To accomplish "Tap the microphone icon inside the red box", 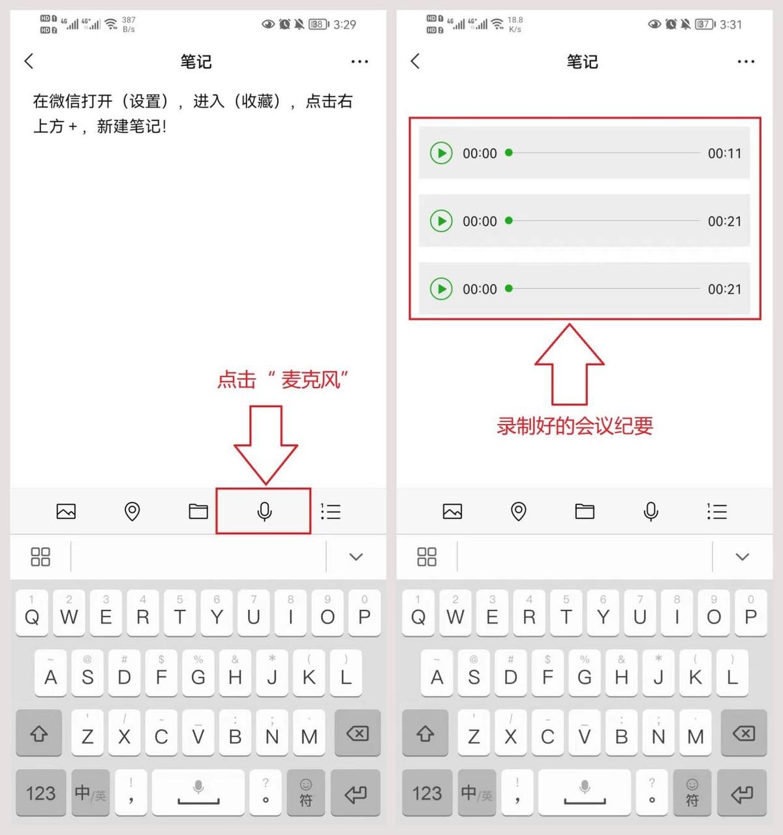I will pyautogui.click(x=264, y=511).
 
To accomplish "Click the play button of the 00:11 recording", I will pyautogui.click(x=441, y=153).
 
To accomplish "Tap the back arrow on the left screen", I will pyautogui.click(x=29, y=61).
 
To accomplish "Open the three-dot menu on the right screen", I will pyautogui.click(x=745, y=62).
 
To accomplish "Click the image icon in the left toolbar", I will pyautogui.click(x=66, y=511).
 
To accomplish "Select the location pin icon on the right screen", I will pyautogui.click(x=519, y=511).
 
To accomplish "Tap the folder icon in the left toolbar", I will pyautogui.click(x=198, y=511).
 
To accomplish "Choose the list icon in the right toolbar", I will pyautogui.click(x=716, y=511).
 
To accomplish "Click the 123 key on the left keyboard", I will pyautogui.click(x=40, y=793).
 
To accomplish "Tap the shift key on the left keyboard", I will pyautogui.click(x=39, y=734).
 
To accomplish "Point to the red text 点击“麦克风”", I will pyautogui.click(x=282, y=380).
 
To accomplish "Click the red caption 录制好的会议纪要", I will pyautogui.click(x=575, y=426).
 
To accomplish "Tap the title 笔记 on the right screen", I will pyautogui.click(x=582, y=62).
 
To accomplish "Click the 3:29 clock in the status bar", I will pyautogui.click(x=345, y=25).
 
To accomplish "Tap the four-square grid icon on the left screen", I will pyautogui.click(x=40, y=556).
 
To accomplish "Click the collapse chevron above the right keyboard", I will pyautogui.click(x=742, y=556).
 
